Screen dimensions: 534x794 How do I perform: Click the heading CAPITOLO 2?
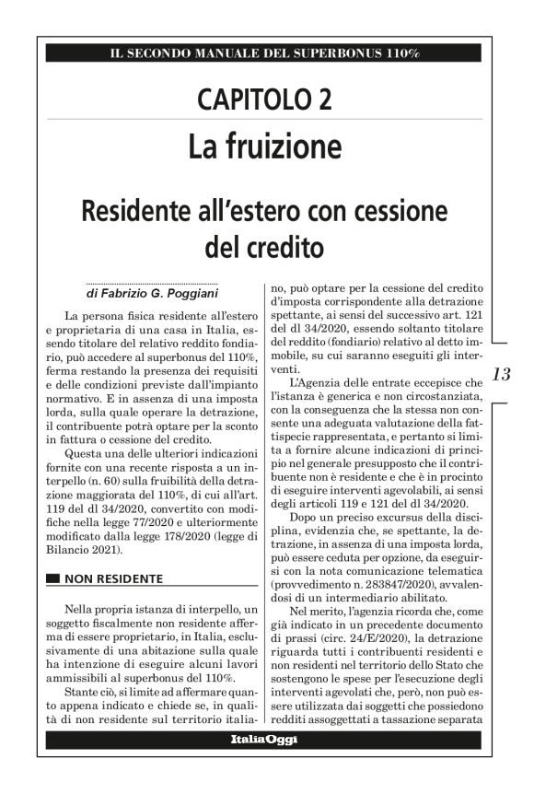[x=264, y=99]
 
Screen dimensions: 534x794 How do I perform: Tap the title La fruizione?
[x=264, y=146]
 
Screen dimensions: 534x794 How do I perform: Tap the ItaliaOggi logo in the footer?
[x=263, y=740]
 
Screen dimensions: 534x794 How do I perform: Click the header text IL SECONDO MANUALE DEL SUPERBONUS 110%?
[x=263, y=53]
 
